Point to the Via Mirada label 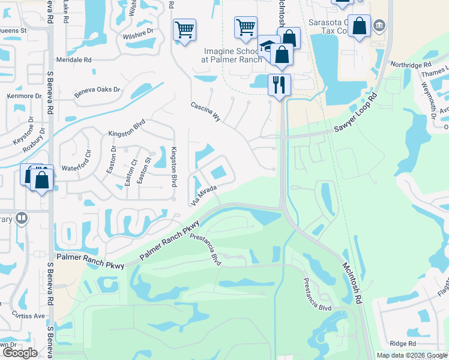point(203,196)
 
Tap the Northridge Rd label point(411,64)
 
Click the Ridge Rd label point(403,343)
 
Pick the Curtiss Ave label point(31,316)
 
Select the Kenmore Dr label point(22,95)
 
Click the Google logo point(20,353)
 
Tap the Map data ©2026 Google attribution point(411,355)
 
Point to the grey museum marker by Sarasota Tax point(379,26)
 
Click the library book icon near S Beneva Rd point(21,218)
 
